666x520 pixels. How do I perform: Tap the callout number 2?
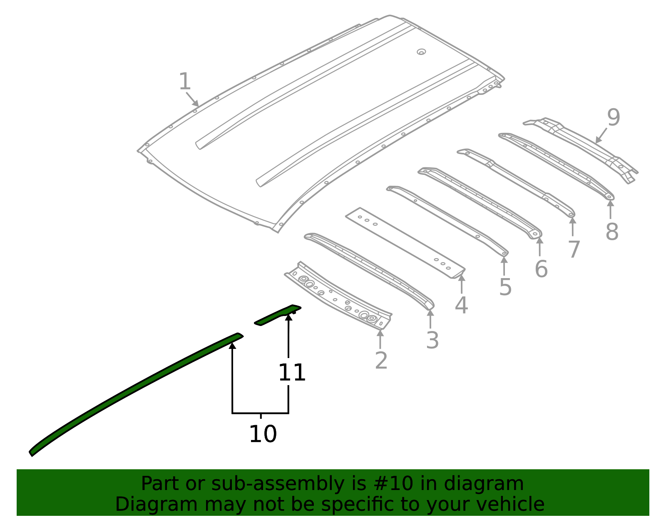coord(381,361)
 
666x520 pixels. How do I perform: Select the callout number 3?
coord(432,341)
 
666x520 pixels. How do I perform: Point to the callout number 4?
coord(461,305)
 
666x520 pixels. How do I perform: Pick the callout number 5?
coord(505,287)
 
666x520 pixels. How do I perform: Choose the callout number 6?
coord(541,269)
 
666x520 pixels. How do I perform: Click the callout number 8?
coord(611,232)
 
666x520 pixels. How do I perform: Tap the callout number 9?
coord(613,118)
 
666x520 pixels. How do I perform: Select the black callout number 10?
coord(263,434)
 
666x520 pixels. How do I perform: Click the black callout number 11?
coord(292,373)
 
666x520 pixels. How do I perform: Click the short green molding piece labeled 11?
coord(277,315)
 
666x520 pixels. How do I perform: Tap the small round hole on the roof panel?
coord(421,52)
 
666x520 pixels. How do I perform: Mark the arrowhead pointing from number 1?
coord(196,104)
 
